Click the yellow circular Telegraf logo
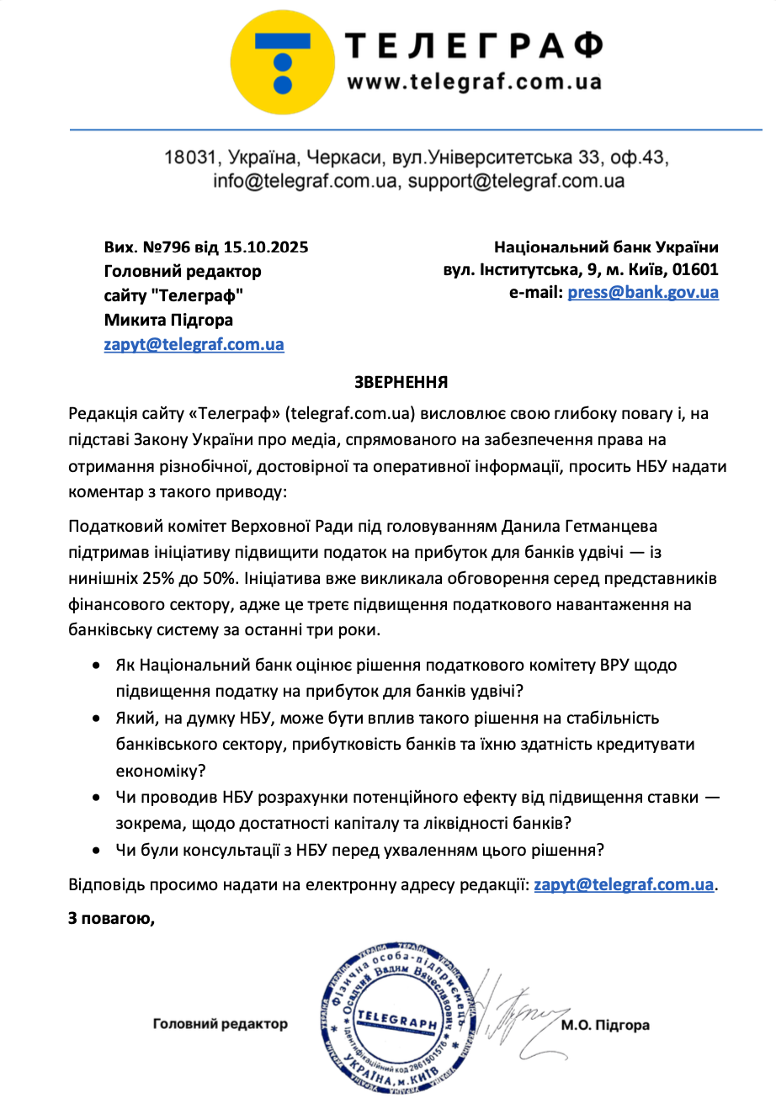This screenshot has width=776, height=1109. pos(283,62)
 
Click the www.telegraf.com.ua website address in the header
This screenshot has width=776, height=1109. pos(474,82)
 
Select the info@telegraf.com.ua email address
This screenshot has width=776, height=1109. pos(305,181)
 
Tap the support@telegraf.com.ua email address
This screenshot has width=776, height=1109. pos(516,181)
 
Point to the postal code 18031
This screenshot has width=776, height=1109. pos(189,157)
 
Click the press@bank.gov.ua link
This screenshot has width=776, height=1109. pos(643,293)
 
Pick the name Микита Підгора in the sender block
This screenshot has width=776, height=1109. pos(168,320)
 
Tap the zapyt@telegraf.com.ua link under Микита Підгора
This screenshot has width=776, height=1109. pos(194,344)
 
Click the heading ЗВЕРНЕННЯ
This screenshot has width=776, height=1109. pos(401,383)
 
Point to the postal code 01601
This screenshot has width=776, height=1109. pos(697,270)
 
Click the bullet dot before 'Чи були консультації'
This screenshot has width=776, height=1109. pos(98,850)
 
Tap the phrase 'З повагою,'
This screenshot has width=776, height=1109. pos(111,918)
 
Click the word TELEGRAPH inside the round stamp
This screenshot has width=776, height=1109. pos(397,1019)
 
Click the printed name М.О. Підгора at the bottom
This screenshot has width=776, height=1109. pos(605,1025)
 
